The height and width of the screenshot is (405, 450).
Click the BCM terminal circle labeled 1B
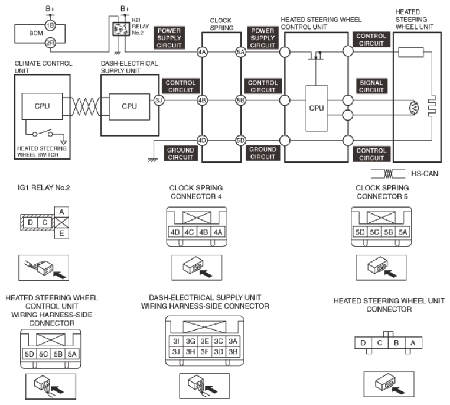click(50, 25)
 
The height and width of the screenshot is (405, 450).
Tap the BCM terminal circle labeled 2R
click(50, 43)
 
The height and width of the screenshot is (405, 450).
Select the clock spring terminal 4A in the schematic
click(202, 52)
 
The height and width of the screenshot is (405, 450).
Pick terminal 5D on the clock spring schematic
click(240, 141)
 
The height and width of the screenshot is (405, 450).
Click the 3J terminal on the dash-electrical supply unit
click(159, 101)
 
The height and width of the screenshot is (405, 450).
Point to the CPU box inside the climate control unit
click(42, 106)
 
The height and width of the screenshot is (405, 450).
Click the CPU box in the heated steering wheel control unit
click(317, 108)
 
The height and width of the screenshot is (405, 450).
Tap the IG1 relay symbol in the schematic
click(121, 29)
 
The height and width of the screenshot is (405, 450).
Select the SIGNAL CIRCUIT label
click(371, 86)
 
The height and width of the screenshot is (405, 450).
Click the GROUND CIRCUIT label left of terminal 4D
click(181, 153)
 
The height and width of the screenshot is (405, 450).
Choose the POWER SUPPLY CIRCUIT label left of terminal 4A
click(169, 38)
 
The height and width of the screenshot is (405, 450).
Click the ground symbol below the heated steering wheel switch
click(64, 142)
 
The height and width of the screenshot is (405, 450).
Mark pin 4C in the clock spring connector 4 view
click(189, 232)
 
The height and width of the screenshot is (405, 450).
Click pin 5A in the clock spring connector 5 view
click(403, 232)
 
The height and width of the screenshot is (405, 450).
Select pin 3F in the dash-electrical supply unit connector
click(204, 352)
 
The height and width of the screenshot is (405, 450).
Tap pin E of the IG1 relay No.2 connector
click(61, 233)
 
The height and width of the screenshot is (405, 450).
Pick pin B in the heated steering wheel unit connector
click(396, 343)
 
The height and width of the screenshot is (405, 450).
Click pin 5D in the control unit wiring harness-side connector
click(30, 354)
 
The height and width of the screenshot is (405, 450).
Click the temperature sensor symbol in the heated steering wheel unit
click(414, 108)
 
